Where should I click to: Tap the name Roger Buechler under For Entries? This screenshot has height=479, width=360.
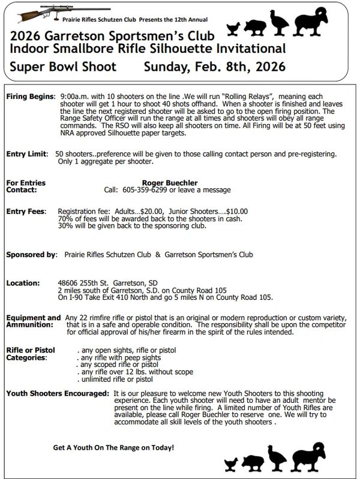(x=170, y=183)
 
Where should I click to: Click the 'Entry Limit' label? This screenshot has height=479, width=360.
(x=26, y=154)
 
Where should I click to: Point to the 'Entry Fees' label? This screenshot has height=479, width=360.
(x=25, y=212)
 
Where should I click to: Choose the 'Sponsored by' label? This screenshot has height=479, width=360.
(x=31, y=255)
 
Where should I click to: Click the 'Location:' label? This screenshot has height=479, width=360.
(x=23, y=283)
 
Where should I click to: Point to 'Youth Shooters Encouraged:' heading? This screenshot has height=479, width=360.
(x=58, y=393)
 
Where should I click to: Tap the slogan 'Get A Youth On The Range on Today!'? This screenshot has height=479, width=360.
(x=113, y=447)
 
